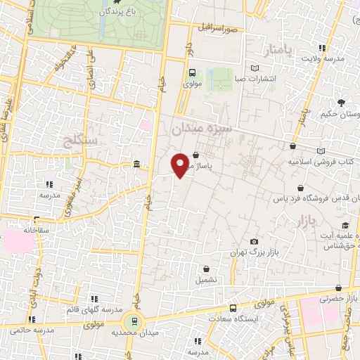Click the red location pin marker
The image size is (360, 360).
coord(181,165)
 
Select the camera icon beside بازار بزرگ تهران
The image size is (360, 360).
coord(234,242)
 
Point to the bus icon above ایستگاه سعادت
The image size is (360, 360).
coord(233,308)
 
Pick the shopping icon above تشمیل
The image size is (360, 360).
coord(206,268)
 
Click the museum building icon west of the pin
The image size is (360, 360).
coord(136,165)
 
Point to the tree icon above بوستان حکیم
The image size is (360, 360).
coord(341,103)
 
